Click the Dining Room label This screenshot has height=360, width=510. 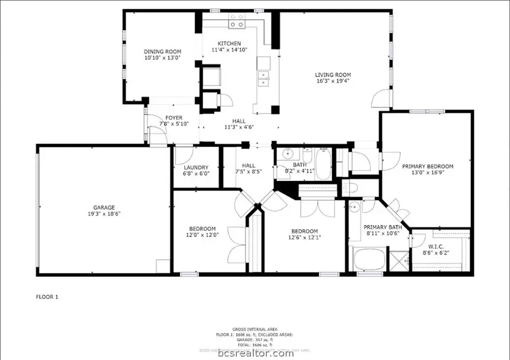[162, 52]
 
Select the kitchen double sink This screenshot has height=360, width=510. [263, 78]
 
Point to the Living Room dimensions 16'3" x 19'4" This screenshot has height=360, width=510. [333, 81]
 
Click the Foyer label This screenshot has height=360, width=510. [174, 118]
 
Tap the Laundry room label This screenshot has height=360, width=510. [196, 168]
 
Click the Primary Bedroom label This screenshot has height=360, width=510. [428, 167]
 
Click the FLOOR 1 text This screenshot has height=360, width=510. [47, 297]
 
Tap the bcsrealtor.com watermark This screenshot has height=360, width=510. [254, 354]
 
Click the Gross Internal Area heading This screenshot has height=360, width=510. [254, 329]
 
